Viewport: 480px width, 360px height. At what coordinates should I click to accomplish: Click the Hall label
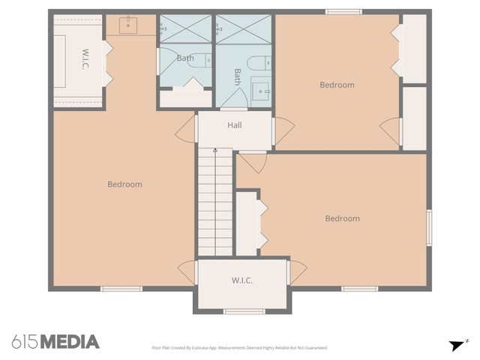click(x=234, y=125)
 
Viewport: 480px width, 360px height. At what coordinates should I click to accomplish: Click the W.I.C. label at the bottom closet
click(x=241, y=280)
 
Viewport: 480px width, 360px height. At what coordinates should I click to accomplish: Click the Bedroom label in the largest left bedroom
click(x=124, y=184)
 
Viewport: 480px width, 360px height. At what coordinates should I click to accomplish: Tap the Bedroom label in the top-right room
click(x=337, y=85)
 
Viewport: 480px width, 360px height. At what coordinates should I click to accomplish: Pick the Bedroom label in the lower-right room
click(x=342, y=219)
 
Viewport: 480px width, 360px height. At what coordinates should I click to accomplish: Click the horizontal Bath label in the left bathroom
click(x=185, y=58)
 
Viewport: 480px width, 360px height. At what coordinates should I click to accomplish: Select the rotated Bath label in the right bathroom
click(x=238, y=77)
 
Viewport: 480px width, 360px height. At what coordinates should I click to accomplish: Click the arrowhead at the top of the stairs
click(x=215, y=151)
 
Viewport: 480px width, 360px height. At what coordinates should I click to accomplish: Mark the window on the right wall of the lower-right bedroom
click(x=429, y=227)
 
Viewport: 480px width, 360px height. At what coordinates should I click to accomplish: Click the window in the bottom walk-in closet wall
click(x=244, y=311)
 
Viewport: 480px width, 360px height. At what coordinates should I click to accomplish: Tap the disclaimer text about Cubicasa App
click(x=240, y=348)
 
